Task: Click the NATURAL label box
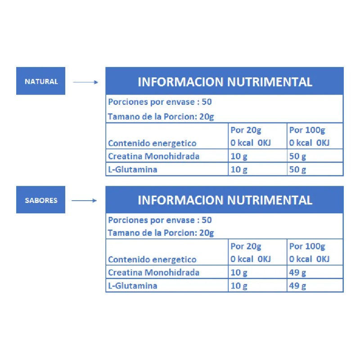tap(40, 81)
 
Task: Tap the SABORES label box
tap(40, 199)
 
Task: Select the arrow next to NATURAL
tap(85, 82)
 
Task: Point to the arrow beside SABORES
tap(84, 200)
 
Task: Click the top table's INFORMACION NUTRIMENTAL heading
tap(225, 82)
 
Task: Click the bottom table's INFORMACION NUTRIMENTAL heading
tap(225, 200)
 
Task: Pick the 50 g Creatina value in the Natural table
tap(297, 156)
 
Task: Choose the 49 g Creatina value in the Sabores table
tap(297, 273)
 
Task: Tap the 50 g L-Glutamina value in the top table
tap(297, 170)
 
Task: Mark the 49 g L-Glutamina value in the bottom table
tap(297, 286)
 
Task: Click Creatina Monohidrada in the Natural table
tap(153, 156)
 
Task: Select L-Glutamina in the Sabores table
tap(133, 286)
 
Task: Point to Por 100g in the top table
tap(307, 130)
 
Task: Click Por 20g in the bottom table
tap(246, 246)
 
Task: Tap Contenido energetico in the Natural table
tap(152, 143)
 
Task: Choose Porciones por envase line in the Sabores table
tap(160, 220)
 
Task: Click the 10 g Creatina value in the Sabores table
tap(239, 273)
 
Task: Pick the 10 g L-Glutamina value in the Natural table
tap(239, 170)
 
